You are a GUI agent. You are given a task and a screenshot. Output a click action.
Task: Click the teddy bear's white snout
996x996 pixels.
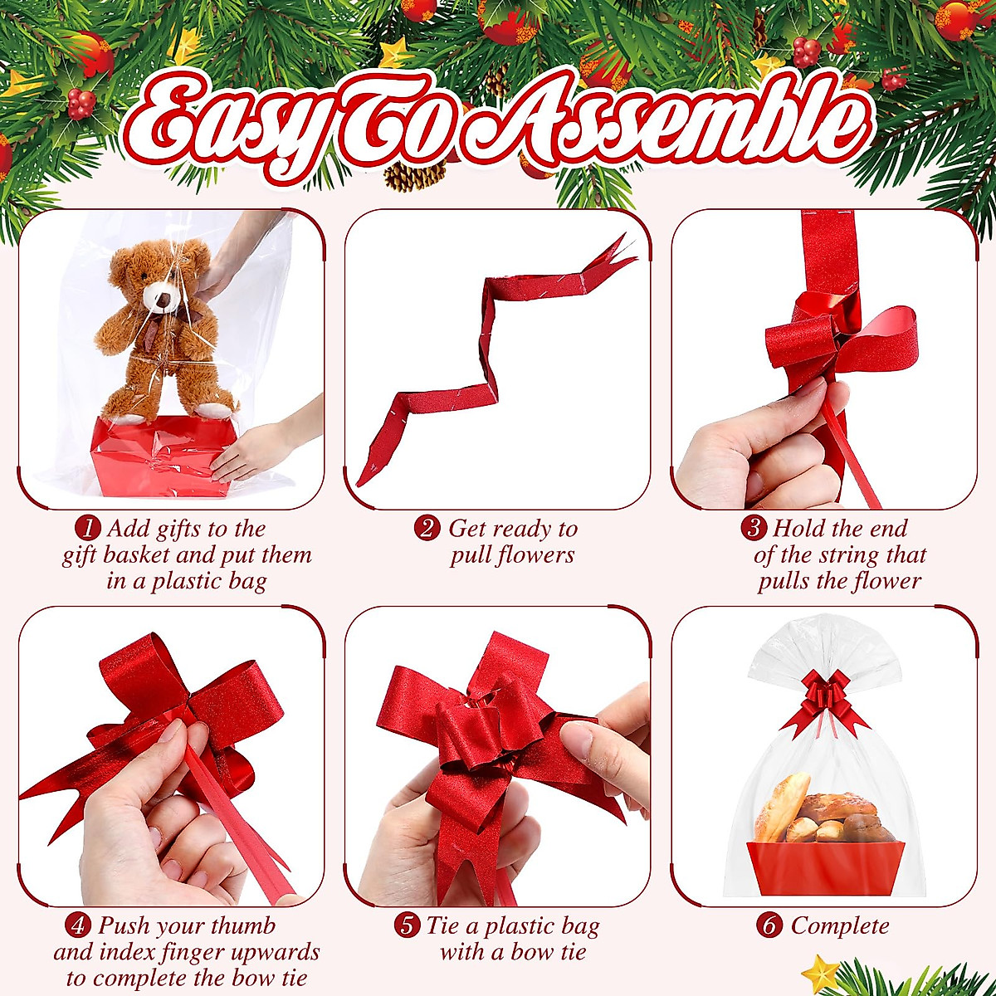tap(159, 297)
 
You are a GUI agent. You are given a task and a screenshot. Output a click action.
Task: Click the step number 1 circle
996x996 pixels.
tap(87, 529)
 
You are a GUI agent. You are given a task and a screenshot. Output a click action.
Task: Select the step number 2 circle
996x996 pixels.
tap(427, 529)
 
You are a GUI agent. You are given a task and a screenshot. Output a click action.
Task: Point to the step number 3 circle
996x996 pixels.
tap(753, 529)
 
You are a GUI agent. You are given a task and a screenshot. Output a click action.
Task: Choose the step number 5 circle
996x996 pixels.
tap(406, 925)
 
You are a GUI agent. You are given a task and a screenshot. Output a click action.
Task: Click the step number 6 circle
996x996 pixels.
tap(769, 925)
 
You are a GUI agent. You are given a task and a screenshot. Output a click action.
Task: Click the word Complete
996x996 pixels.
tap(839, 925)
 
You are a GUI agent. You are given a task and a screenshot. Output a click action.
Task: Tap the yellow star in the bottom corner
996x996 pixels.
tap(822, 971)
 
